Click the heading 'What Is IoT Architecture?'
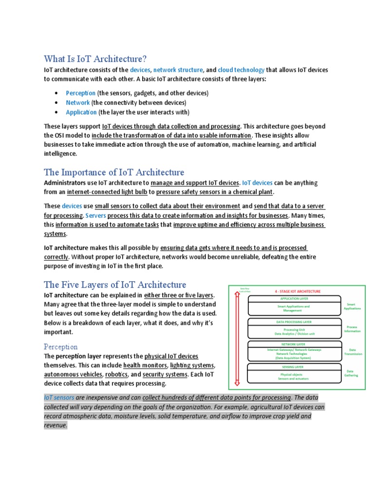pos(95,59)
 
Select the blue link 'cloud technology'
pos(241,70)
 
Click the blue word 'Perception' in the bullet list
pos(81,93)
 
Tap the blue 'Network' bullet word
pos(78,103)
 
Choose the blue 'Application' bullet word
pos(81,112)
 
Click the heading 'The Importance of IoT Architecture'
pos(114,172)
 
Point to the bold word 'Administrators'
pos(64,183)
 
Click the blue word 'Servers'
pos(95,215)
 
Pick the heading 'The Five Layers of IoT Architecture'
pos(115,285)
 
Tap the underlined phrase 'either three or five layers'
pos(179,295)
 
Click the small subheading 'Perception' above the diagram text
pos(60,347)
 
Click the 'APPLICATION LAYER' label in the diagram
pos(294,298)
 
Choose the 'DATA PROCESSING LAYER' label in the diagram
pos(294,322)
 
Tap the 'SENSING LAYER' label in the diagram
pos(294,366)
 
